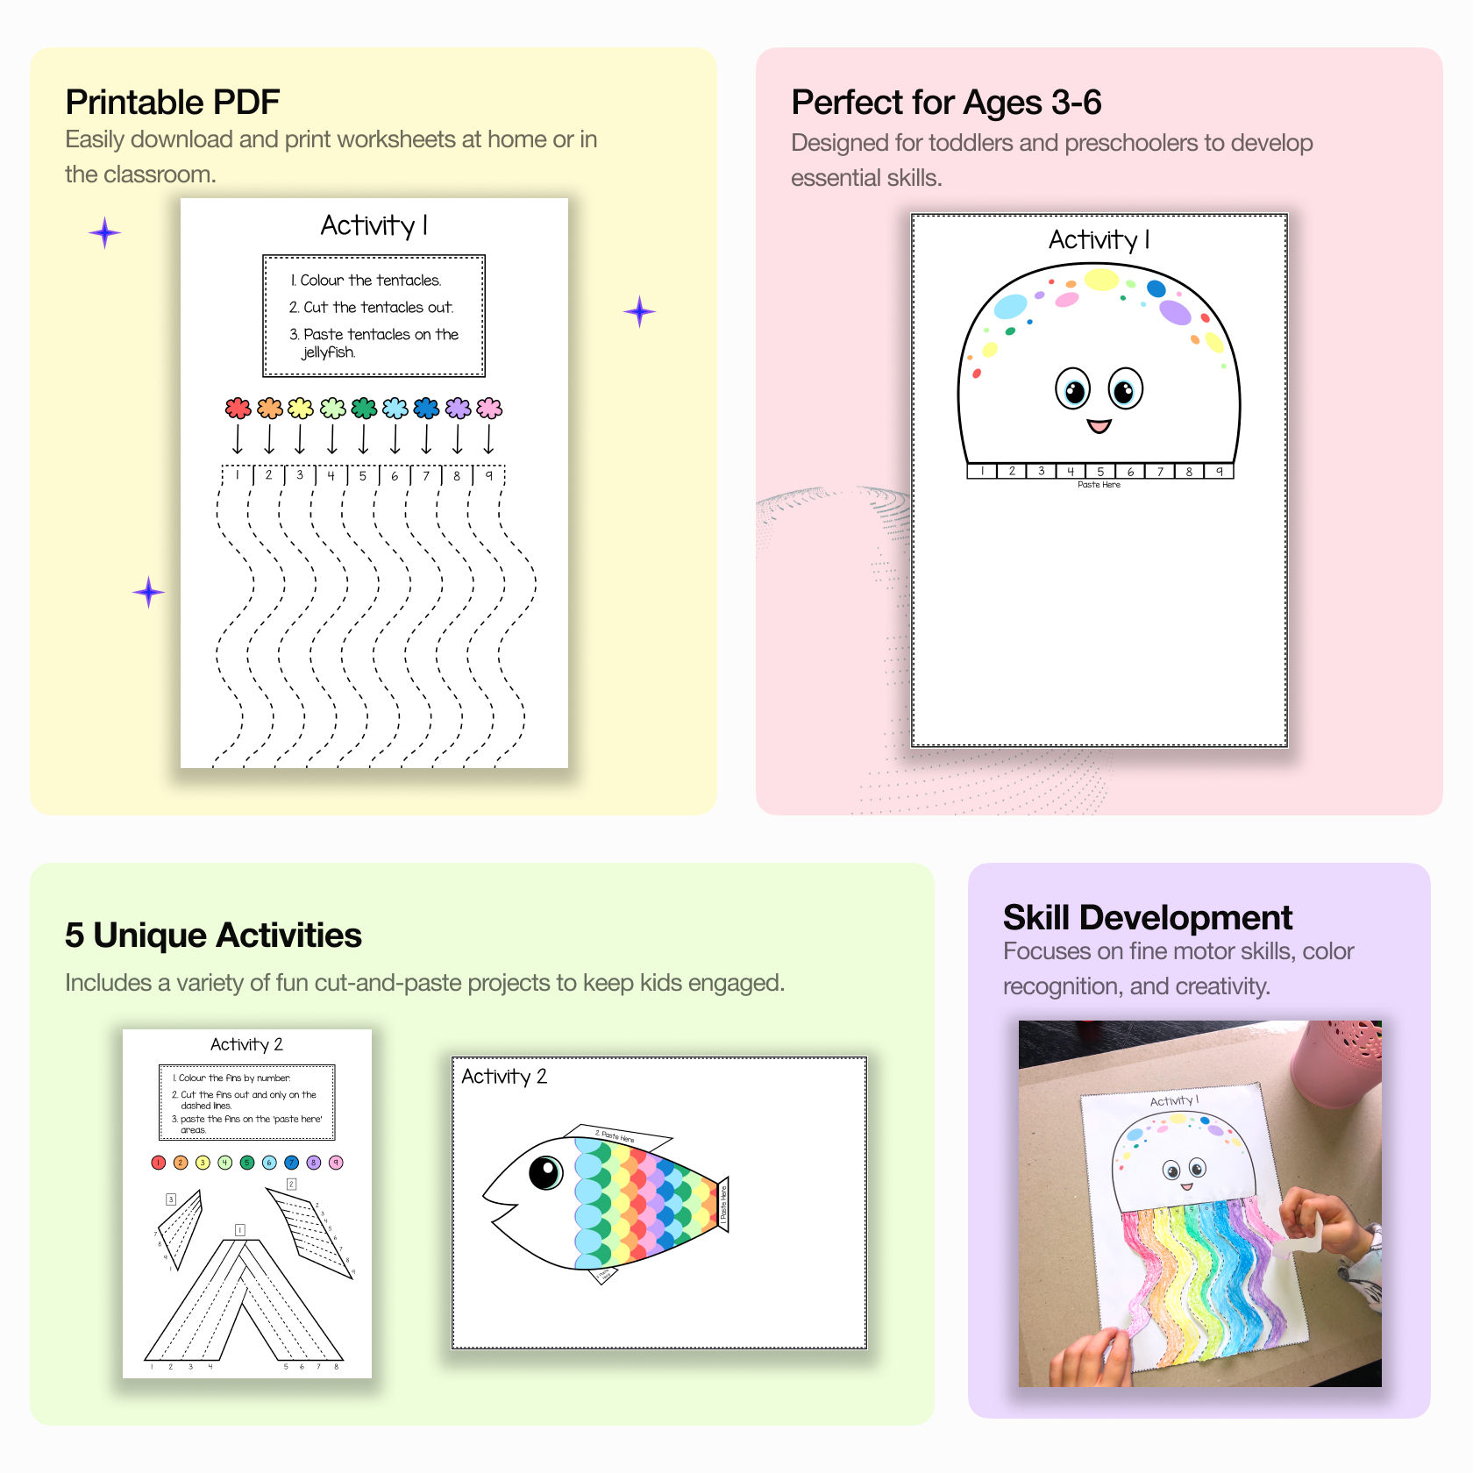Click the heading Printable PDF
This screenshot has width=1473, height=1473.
point(173,103)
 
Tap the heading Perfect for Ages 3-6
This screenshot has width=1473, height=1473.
point(946,103)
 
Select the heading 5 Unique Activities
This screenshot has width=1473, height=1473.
point(213,936)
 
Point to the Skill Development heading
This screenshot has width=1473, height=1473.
point(1148,918)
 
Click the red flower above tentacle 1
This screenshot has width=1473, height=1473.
point(238,408)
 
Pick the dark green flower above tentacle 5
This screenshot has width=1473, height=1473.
point(364,408)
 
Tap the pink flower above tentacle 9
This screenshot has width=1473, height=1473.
point(489,408)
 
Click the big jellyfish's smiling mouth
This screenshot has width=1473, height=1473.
point(1099,426)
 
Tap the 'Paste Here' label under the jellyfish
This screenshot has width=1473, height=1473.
point(1099,485)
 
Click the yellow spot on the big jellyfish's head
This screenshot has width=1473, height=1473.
point(1101,280)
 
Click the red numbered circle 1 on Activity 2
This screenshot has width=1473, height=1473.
point(159,1163)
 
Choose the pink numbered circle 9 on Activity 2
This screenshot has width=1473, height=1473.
point(336,1163)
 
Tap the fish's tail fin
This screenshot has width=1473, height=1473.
point(722,1204)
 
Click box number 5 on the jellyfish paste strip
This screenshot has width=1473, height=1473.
point(1100,472)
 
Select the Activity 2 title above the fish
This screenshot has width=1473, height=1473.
point(504,1077)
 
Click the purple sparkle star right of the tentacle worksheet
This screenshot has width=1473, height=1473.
point(639,311)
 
